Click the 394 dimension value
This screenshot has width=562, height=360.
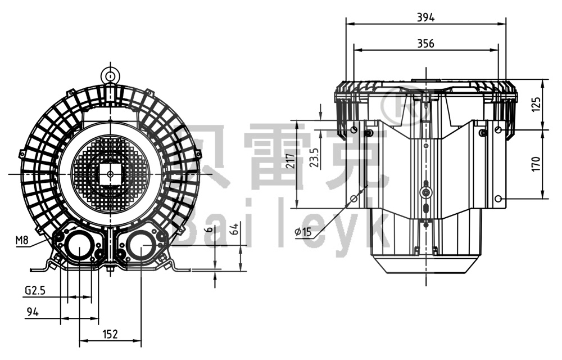425,17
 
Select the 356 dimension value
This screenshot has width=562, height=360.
425,43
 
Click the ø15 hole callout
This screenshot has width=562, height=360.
303,231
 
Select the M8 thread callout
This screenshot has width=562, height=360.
22,240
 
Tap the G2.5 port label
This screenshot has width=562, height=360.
34,291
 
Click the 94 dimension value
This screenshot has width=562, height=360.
32,312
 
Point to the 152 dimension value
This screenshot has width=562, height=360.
110,334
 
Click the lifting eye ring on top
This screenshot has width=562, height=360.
110,75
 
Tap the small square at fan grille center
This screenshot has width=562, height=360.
110,174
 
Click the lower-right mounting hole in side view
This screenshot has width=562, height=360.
498,199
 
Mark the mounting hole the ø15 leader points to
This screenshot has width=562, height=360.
353,199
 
